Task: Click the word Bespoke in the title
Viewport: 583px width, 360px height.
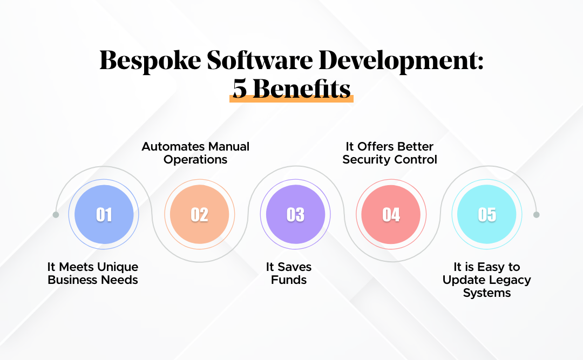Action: (150, 62)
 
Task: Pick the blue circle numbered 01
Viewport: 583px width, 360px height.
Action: (104, 215)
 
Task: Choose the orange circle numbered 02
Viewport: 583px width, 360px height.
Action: (199, 215)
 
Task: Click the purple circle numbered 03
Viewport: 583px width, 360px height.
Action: (295, 215)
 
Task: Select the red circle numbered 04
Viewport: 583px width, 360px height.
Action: (391, 215)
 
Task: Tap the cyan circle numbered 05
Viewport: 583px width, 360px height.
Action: (486, 215)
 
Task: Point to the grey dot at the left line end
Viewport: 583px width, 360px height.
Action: (56, 215)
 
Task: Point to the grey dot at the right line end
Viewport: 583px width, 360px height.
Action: (536, 215)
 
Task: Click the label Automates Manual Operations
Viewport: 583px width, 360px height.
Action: (195, 153)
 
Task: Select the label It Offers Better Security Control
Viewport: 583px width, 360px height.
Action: (389, 153)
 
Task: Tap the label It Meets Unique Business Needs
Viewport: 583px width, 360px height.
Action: (93, 273)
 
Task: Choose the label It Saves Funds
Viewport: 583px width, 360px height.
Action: (289, 273)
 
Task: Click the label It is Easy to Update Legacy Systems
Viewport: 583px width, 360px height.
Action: (486, 280)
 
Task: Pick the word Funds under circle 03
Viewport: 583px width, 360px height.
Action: (289, 280)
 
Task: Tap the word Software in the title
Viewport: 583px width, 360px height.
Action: (257, 62)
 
